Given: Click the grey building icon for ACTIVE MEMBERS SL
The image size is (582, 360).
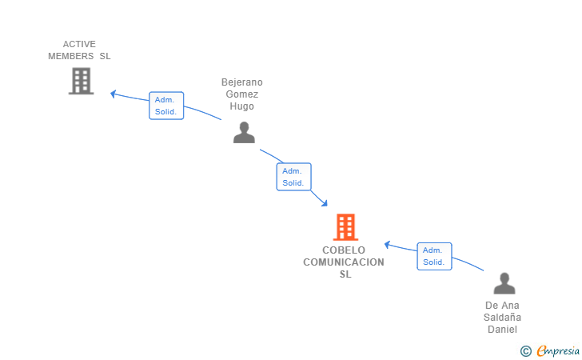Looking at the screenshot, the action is [x=81, y=81].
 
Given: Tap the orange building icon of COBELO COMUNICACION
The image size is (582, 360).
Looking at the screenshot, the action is [x=345, y=227].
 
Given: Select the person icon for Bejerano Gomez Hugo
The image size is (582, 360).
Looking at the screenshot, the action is [x=244, y=132].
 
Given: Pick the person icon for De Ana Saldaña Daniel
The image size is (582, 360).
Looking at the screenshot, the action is [x=504, y=283].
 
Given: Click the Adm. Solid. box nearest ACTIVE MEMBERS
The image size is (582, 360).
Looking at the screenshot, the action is [x=166, y=106].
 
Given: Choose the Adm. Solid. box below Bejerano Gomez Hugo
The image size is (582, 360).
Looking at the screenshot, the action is [x=293, y=177].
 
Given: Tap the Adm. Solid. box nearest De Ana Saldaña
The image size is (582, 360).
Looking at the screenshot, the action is [x=434, y=256].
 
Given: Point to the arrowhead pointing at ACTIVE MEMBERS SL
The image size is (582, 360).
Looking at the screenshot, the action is [x=114, y=94].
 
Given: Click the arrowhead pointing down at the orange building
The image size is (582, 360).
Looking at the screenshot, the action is [x=325, y=203].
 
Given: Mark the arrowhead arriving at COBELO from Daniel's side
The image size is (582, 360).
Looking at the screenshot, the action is [x=387, y=245].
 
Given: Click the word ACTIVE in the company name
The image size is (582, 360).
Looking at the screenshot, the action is [x=79, y=44].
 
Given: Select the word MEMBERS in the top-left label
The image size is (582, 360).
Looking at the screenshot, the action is [x=71, y=56].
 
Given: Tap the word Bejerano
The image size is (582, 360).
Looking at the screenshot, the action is [x=242, y=82].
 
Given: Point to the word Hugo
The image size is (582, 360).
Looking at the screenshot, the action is [x=241, y=106].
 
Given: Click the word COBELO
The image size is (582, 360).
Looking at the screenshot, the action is [x=344, y=250].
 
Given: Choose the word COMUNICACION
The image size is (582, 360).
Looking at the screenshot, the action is [x=344, y=262].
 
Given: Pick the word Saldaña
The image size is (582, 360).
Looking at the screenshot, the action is [x=502, y=318].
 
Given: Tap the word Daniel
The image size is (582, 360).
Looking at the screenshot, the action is [x=502, y=330].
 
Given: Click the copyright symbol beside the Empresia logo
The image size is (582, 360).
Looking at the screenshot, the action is [x=525, y=351].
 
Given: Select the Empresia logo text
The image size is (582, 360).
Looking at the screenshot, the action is [x=558, y=350].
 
